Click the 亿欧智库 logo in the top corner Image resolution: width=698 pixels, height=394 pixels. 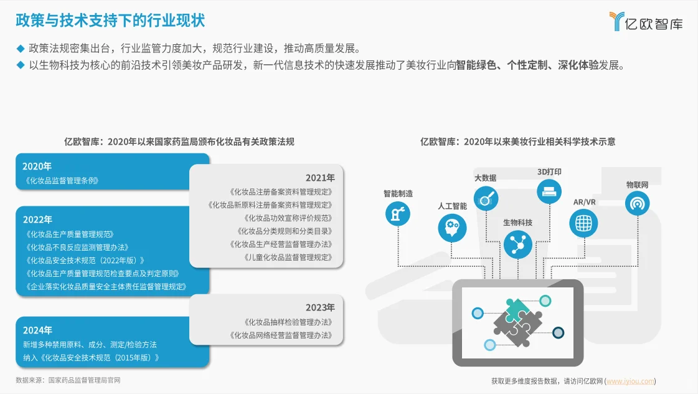point(646,22)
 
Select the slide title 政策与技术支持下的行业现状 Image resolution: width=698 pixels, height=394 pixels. point(110,20)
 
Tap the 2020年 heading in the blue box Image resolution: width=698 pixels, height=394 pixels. point(37,166)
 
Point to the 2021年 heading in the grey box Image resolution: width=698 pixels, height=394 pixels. point(320,178)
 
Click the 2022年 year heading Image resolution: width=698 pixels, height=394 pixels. point(37,219)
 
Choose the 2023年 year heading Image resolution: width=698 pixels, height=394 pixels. point(320,307)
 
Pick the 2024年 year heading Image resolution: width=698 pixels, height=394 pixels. point(37,330)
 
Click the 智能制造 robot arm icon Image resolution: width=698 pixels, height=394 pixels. point(398,214)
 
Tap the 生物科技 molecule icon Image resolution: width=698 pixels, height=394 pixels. point(517,244)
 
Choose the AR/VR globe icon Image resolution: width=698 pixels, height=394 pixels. point(583,223)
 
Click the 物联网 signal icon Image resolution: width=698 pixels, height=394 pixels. point(637,203)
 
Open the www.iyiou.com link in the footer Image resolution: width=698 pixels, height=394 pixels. point(630,381)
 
